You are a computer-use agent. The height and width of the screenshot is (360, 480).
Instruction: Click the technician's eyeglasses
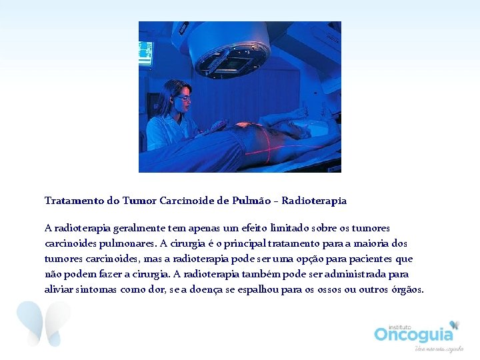pyautogui.click(x=181, y=98)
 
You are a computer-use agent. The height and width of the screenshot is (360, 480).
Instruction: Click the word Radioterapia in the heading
pyautogui.click(x=314, y=200)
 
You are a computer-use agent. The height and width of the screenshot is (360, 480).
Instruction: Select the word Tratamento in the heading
pyautogui.click(x=71, y=200)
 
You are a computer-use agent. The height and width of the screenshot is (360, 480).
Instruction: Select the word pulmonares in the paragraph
pyautogui.click(x=117, y=243)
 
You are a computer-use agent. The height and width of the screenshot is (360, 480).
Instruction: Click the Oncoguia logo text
pyautogui.click(x=413, y=333)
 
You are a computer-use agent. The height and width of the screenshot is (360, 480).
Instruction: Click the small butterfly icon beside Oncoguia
pyautogui.click(x=455, y=325)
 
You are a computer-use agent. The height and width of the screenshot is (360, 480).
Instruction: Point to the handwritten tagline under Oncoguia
pyautogui.click(x=439, y=349)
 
